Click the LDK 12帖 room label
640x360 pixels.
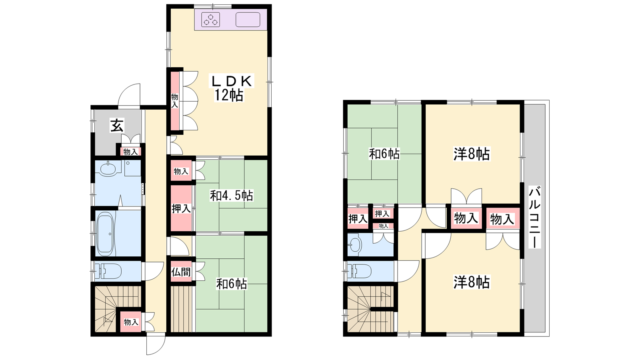pos(231,88)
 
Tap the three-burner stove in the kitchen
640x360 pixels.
pos(210,20)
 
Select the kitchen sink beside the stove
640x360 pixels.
pos(248,20)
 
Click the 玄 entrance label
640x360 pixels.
pos(117,126)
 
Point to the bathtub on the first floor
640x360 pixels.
pos(105,234)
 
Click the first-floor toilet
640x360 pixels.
pos(108,271)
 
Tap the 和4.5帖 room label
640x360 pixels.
pos(232,196)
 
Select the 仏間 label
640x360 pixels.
pos(181,272)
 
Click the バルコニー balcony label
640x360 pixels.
pos(534,217)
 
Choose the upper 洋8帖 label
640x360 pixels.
pos(472,154)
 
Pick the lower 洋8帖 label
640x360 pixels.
pos(472,282)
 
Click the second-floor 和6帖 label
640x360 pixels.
pos(384,154)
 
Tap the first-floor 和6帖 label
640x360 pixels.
pos(232,284)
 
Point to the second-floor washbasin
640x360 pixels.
pos(356,245)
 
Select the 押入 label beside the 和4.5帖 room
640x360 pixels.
pos(181,208)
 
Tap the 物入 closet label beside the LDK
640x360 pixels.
pos(174,101)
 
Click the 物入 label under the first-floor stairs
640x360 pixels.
pos(131,322)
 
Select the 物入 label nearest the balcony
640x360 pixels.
pos(502,220)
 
